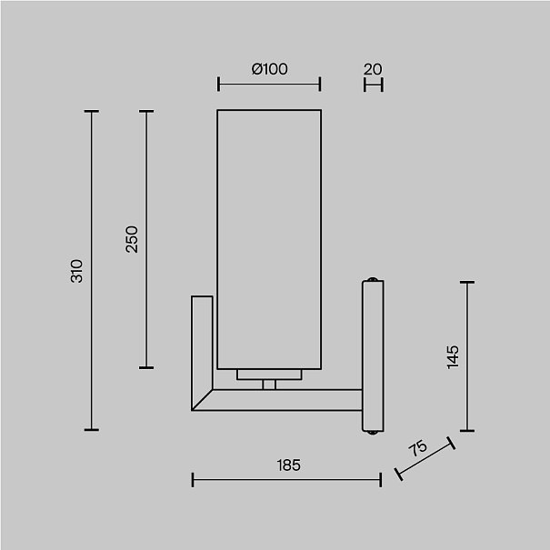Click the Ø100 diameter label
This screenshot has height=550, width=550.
pos(269,69)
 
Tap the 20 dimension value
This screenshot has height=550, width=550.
pos(373,69)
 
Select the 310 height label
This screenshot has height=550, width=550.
pos(76,271)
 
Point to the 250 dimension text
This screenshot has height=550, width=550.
pos(132,239)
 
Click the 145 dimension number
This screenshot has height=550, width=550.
pos(453,357)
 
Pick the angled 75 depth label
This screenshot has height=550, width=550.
pos(418,447)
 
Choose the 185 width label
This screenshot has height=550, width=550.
pos(289,465)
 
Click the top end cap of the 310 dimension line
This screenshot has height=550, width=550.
pos(92,112)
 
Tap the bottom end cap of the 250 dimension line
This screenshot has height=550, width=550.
pos(146,367)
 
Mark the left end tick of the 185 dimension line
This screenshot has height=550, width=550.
pos(193,480)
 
